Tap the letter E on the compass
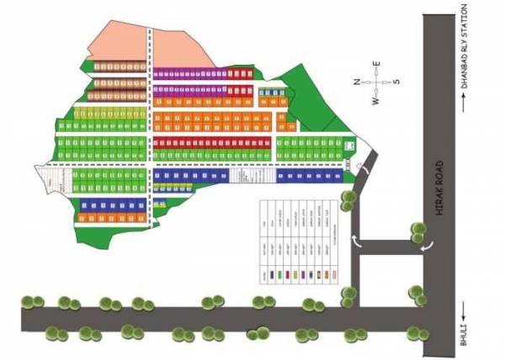[x=377, y=64]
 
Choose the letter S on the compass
[x=396, y=82]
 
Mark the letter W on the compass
[x=376, y=100]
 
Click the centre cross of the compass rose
[x=377, y=82]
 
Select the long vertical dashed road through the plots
[x=150, y=126]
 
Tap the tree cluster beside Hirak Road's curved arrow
[x=417, y=230]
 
